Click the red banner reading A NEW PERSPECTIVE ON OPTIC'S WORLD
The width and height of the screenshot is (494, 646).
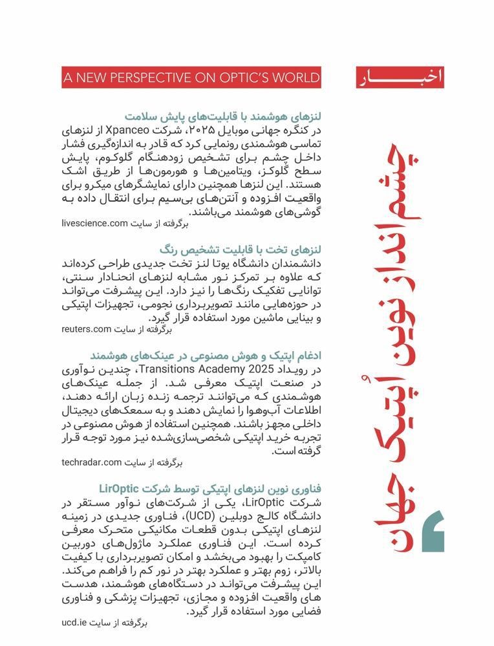(x=191, y=78)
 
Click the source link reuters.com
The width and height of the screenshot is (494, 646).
(x=87, y=329)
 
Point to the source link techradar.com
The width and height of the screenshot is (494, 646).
(x=92, y=462)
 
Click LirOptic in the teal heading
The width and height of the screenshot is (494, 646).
(x=125, y=489)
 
